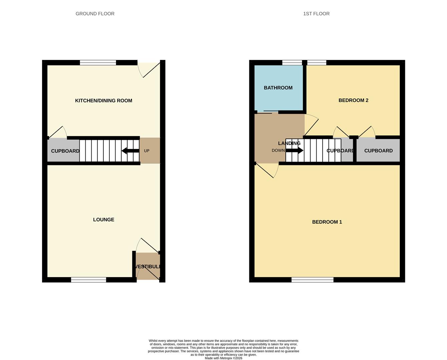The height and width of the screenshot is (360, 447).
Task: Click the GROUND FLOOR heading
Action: pos(95,14)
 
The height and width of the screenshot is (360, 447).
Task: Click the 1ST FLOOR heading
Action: pos(316,14)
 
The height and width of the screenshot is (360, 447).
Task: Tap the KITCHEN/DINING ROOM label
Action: pos(104,101)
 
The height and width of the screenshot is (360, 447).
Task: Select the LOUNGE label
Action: pos(104,220)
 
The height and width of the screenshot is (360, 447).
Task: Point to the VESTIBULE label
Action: pos(148,267)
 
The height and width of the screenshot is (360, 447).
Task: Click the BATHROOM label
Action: pos(278,88)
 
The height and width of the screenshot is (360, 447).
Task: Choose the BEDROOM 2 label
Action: pos(353,100)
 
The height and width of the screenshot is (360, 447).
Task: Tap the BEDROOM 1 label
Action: pos(327,222)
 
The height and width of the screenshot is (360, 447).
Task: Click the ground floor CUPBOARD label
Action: pos(65,151)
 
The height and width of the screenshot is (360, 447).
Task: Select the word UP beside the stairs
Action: pos(147,151)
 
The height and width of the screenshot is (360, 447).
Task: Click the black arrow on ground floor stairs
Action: pos(130,151)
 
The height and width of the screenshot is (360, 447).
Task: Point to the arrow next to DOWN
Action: pos(295,151)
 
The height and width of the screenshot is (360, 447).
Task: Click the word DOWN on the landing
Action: pos(278,151)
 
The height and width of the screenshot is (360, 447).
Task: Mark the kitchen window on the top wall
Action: pos(98,63)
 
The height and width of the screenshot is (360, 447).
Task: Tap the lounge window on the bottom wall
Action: pos(89,280)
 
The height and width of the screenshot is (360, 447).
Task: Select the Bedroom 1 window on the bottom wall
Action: pos(312,280)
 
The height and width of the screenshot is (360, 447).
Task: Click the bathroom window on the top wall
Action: pos(292,63)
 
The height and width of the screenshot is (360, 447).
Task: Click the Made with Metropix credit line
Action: pos(223,358)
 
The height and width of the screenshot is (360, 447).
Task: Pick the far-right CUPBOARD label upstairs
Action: pos(378,151)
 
